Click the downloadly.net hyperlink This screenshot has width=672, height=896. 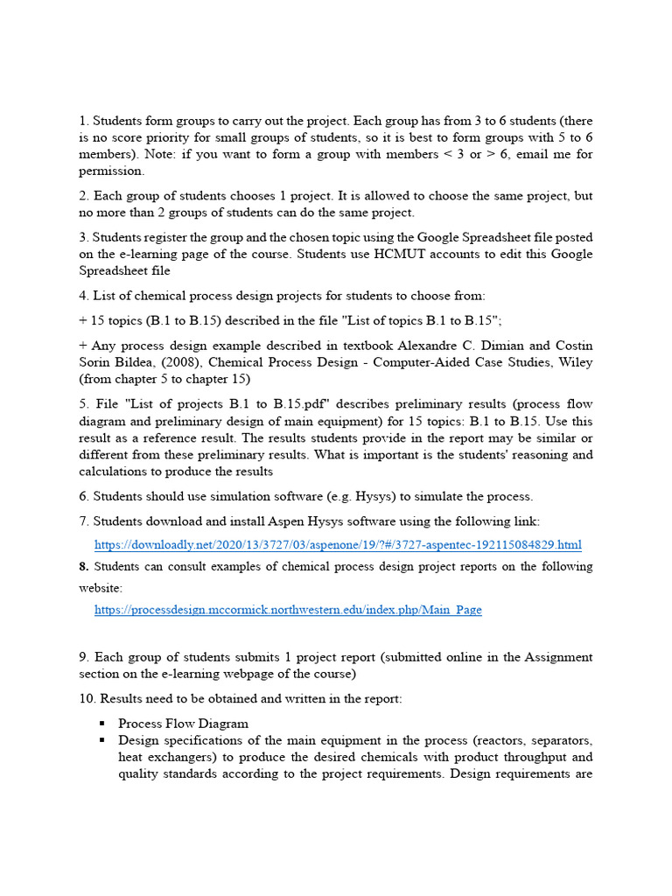click(x=338, y=545)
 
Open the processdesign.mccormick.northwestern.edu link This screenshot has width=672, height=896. click(x=288, y=610)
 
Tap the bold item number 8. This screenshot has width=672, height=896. click(x=83, y=566)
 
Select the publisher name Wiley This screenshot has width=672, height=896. click(x=575, y=362)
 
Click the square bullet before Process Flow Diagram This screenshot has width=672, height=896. click(x=102, y=724)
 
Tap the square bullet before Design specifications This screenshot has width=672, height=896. click(x=102, y=740)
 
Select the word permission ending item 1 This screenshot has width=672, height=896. click(x=112, y=171)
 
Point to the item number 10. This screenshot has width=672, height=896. click(x=87, y=699)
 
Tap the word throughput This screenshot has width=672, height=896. click(x=539, y=757)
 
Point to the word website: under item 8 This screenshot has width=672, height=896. click(x=101, y=588)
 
